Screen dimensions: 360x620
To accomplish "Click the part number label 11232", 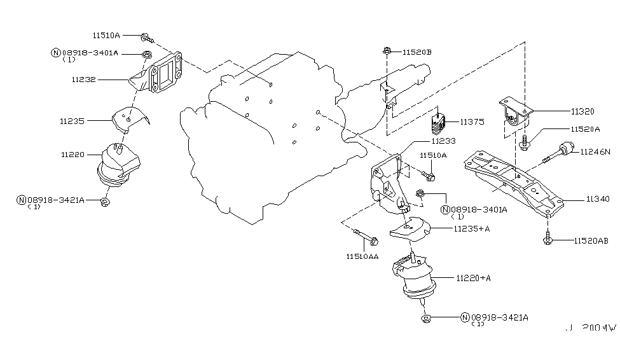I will (84, 80).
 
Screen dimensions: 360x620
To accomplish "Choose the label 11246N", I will (595, 151).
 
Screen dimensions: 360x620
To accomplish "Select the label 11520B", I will (417, 52).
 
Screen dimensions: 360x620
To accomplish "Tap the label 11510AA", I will (363, 257).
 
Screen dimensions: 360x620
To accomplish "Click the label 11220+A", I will (474, 278).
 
